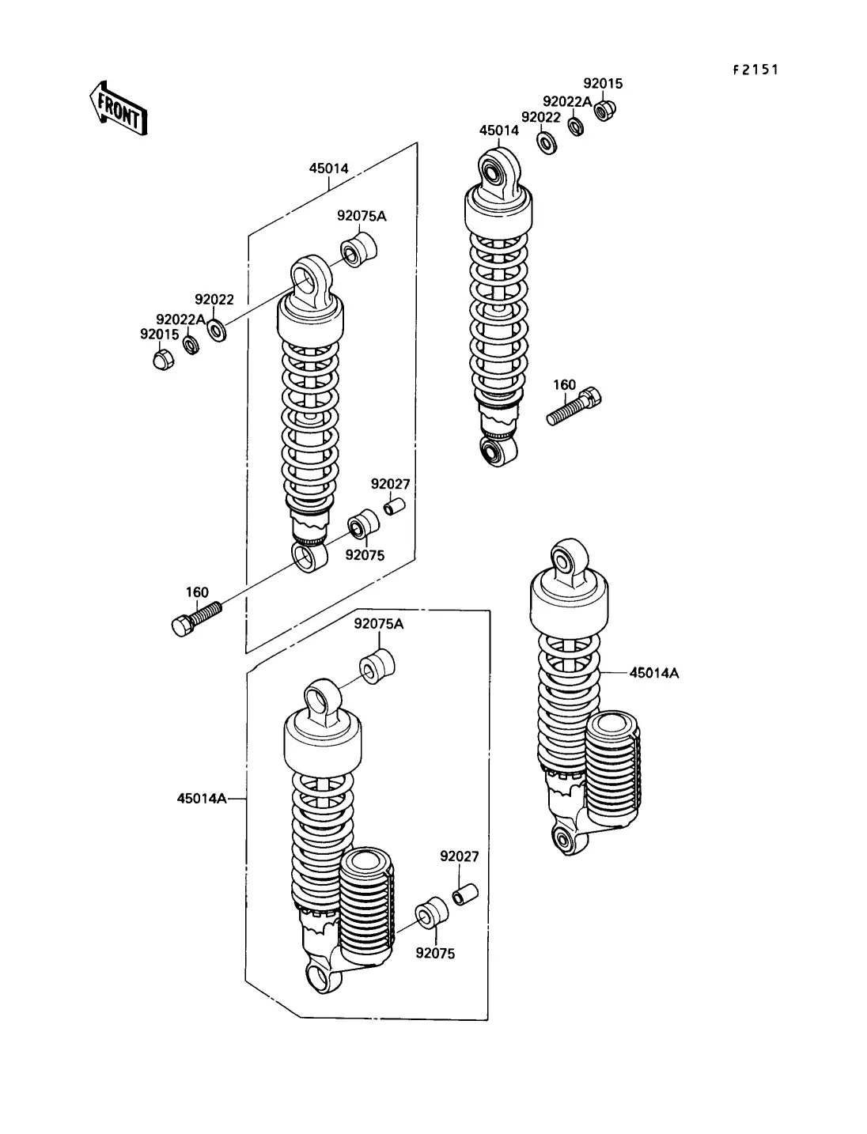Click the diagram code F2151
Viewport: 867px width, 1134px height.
(x=755, y=70)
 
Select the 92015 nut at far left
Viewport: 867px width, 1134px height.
(x=162, y=361)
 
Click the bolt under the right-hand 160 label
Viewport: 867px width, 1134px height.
(x=574, y=406)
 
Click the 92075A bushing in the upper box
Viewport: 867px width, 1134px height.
(x=359, y=248)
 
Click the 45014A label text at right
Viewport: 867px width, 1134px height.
(x=654, y=673)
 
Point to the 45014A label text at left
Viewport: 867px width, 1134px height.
(x=201, y=799)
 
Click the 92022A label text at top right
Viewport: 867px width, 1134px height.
(x=566, y=101)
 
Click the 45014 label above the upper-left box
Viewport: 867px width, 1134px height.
(x=328, y=168)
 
